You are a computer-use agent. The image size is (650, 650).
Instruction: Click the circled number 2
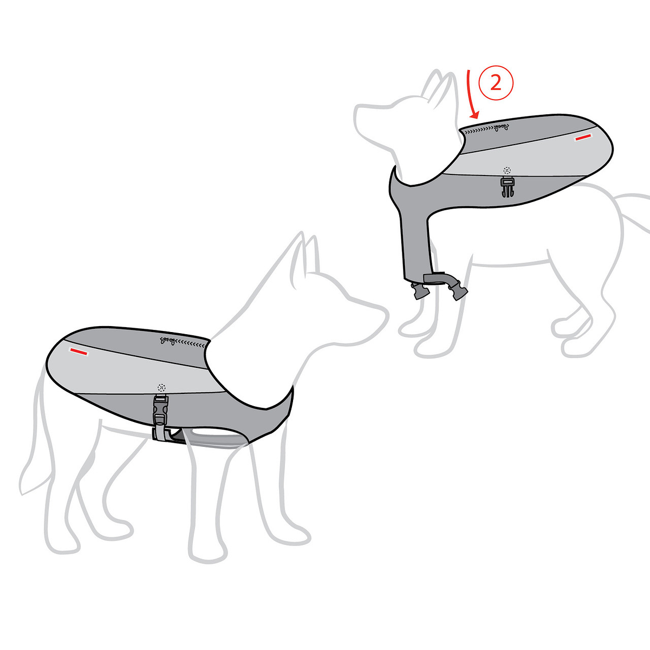pos(496,83)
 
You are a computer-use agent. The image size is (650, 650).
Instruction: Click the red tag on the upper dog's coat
pos(583,137)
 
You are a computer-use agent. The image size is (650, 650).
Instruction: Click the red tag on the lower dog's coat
pos(79,352)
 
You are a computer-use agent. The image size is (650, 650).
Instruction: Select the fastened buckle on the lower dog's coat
pos(160,410)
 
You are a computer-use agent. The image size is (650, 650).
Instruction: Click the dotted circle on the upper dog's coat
pos(506,170)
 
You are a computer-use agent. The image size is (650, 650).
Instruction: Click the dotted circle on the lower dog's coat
pos(162,387)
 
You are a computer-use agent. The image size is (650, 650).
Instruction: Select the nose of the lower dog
pos(383,315)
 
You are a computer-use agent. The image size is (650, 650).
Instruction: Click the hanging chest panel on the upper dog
pos(415,243)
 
